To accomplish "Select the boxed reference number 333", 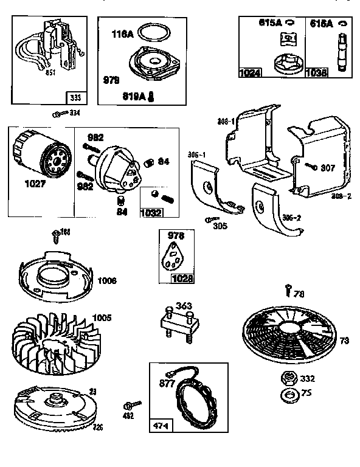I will click(75, 97).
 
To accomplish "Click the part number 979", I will click(110, 80).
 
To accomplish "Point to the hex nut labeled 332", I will click(286, 379).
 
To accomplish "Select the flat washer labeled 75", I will click(286, 397).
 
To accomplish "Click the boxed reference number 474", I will click(161, 424).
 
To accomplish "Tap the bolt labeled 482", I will click(131, 405).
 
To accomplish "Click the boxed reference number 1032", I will click(152, 212).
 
